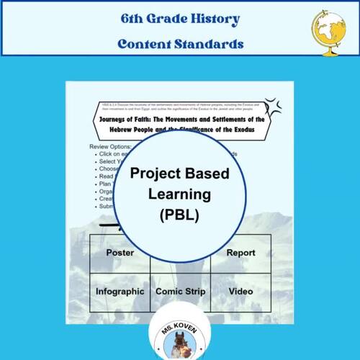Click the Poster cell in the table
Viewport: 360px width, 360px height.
(120, 253)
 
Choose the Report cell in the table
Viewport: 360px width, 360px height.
(240, 253)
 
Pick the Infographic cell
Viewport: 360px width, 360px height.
(120, 292)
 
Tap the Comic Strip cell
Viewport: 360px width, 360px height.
(180, 292)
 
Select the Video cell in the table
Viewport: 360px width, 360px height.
(240, 292)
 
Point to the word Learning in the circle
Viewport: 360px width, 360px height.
(179, 194)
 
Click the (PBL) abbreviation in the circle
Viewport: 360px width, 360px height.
(179, 214)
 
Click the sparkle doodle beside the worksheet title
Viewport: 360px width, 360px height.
(272, 109)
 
